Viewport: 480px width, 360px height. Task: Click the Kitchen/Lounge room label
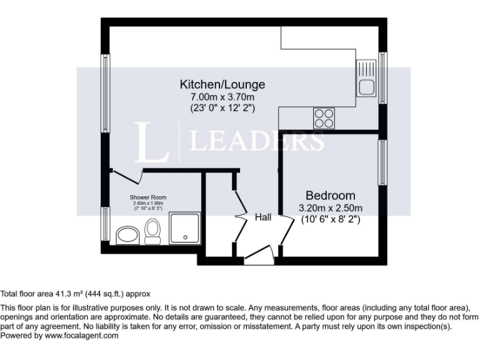tap(222, 84)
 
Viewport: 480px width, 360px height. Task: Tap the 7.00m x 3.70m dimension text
tap(222, 97)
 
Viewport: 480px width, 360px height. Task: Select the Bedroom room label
tap(330, 196)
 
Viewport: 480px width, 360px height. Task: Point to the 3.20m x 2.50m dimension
tap(330, 208)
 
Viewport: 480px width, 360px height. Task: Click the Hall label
tap(263, 217)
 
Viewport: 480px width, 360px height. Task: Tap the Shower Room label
tap(148, 197)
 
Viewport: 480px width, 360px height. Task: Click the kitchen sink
tap(366, 79)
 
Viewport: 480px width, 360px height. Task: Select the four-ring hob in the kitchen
tap(324, 118)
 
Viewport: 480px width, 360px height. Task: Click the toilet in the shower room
tap(152, 233)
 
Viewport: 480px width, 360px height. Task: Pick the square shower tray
tap(184, 228)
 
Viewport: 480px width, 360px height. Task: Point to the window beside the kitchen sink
tap(382, 78)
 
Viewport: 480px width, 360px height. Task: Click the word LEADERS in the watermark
tap(256, 141)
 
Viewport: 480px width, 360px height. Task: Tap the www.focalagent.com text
tap(81, 336)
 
